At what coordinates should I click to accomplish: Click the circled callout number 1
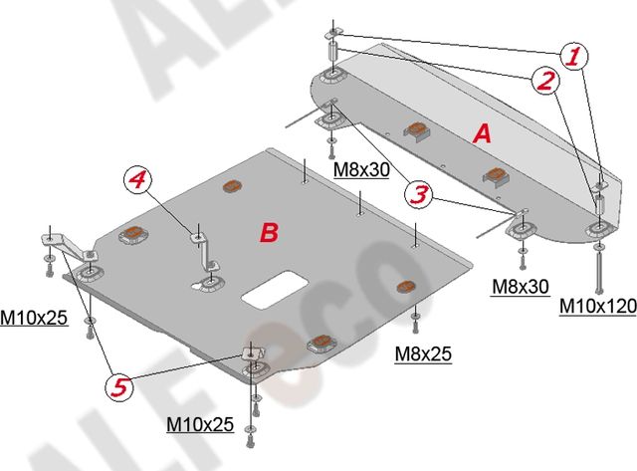pos(574,56)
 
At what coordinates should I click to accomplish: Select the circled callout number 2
pos(545,80)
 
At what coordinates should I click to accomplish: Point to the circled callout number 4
pos(137,180)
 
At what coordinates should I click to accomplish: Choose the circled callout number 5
pos(119,387)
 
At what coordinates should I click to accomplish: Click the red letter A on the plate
pos(482,133)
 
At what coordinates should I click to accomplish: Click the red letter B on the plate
pos(269,233)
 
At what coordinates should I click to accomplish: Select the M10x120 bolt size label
pos(597,306)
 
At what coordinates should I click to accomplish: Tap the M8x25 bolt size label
pos(423,353)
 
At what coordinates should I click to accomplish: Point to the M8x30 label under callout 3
pos(520,287)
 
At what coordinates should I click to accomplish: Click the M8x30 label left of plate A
pos(361,169)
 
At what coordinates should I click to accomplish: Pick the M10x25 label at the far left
pos(33,318)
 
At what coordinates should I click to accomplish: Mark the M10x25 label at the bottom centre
pos(200,424)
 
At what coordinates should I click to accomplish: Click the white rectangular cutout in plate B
pos(275,289)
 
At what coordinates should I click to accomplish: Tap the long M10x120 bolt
pos(599,270)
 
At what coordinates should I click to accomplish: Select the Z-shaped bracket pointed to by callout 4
pos(206,251)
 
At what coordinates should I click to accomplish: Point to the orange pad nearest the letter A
pos(416,130)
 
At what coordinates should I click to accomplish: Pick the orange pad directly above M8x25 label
pos(405,286)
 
